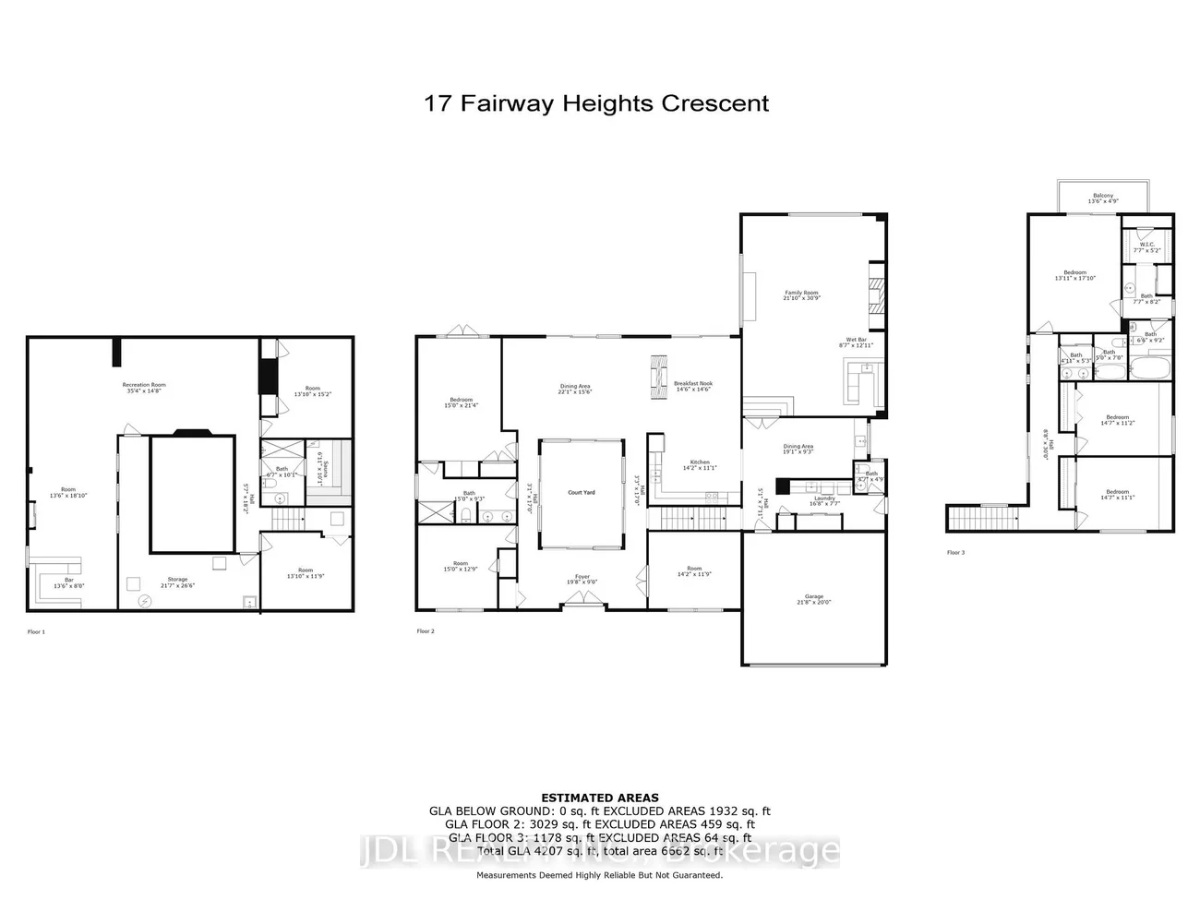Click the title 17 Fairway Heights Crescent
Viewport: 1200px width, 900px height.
tap(595, 102)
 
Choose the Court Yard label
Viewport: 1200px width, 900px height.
tap(582, 492)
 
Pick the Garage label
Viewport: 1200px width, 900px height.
tap(812, 600)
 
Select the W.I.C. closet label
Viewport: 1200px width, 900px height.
tap(1146, 246)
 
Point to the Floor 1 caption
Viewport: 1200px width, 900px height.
tap(36, 632)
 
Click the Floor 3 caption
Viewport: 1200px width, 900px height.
tap(955, 552)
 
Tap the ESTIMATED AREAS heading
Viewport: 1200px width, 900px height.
tap(599, 798)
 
